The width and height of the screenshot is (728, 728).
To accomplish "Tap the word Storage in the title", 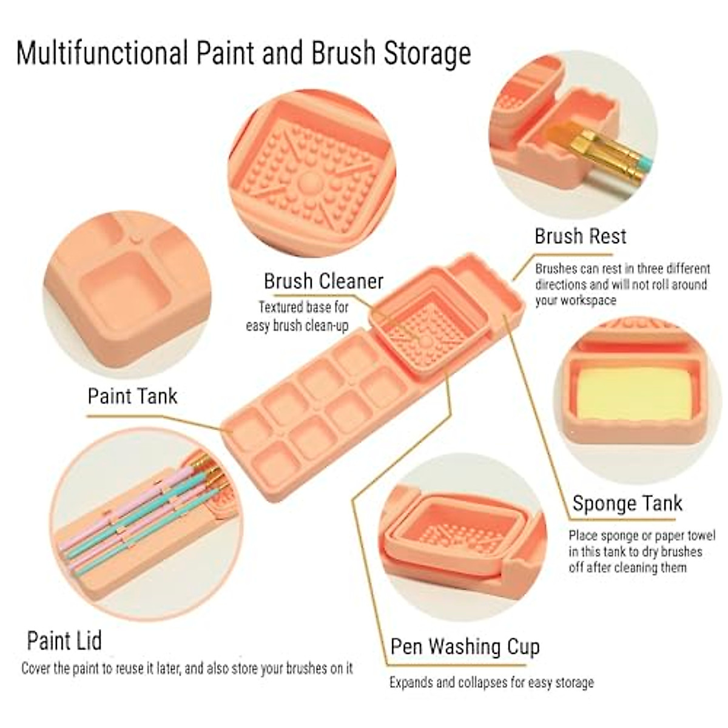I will [x=427, y=53].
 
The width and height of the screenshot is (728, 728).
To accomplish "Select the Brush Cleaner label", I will [x=323, y=281].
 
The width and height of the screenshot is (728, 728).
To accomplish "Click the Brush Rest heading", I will [x=580, y=236].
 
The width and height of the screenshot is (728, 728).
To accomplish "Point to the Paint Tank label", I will [x=132, y=396].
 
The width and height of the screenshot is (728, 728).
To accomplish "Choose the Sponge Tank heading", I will [x=627, y=504].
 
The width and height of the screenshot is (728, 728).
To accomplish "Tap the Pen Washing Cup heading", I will [x=465, y=647].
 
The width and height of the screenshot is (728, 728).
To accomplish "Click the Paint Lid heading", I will [x=64, y=641].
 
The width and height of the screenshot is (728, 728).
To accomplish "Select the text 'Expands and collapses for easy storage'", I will [x=491, y=682].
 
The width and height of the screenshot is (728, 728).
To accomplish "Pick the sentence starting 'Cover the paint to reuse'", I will [x=187, y=669].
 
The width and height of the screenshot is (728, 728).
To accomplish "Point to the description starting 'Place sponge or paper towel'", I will [x=642, y=551].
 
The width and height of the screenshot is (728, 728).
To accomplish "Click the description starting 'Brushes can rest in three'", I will [x=622, y=284].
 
